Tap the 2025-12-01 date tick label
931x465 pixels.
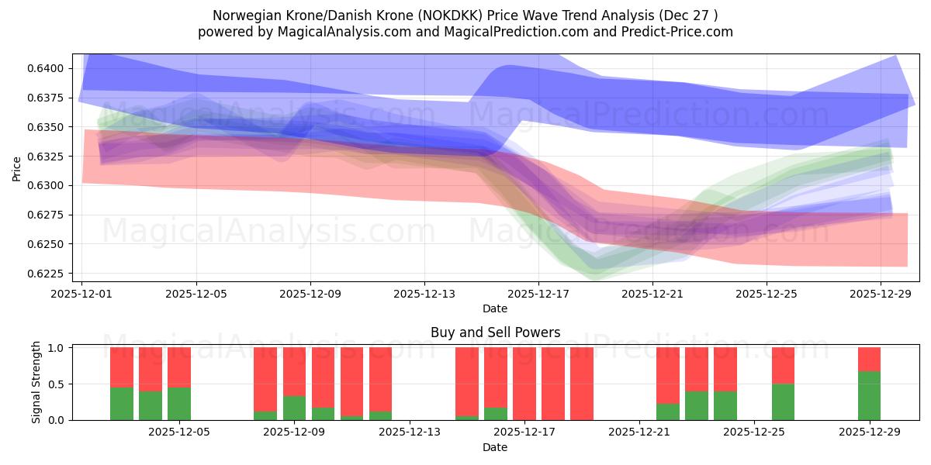pyautogui.click(x=82, y=294)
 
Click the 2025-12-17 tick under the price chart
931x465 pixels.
pyautogui.click(x=538, y=294)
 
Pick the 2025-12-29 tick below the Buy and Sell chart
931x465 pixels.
pyautogui.click(x=869, y=432)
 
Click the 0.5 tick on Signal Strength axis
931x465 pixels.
pyautogui.click(x=58, y=384)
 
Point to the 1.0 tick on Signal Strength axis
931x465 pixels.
pyautogui.click(x=58, y=348)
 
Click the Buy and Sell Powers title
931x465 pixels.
pyautogui.click(x=495, y=332)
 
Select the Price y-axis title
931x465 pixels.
pyautogui.click(x=17, y=168)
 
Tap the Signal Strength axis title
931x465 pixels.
pyautogui.click(x=36, y=384)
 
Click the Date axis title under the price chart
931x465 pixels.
pyautogui.click(x=495, y=308)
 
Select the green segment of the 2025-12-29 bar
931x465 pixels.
pyautogui.click(x=869, y=395)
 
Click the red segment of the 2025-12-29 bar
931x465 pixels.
pyautogui.click(x=869, y=359)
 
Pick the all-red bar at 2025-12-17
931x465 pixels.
pyautogui.click(x=524, y=384)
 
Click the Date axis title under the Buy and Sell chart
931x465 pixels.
pyautogui.click(x=495, y=447)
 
